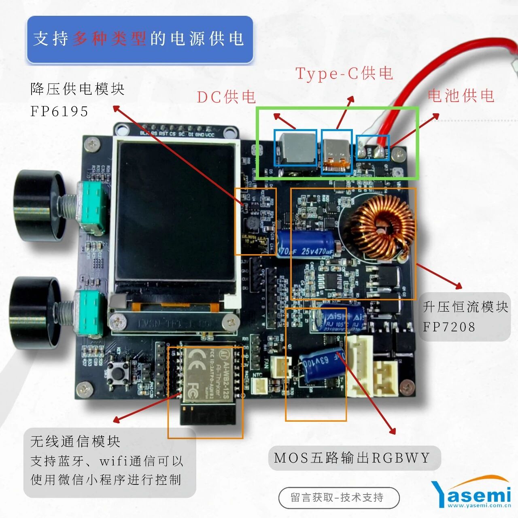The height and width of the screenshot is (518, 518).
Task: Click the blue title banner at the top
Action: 140,39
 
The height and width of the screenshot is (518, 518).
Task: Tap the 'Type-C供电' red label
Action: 344,73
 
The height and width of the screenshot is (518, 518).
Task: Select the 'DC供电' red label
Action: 226,97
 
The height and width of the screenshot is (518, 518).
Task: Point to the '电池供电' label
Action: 461,96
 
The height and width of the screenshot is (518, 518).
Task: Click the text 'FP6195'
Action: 59,111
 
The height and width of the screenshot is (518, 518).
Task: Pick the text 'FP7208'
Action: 449,327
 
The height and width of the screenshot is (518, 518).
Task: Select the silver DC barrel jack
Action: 295,149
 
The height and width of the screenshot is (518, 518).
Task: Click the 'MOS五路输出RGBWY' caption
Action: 352,458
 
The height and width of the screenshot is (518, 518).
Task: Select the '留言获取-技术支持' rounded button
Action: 339,498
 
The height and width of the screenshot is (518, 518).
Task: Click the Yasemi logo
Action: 471,493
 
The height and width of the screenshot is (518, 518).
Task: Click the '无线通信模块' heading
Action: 75,441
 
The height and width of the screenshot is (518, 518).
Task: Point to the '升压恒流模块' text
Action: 465,307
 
